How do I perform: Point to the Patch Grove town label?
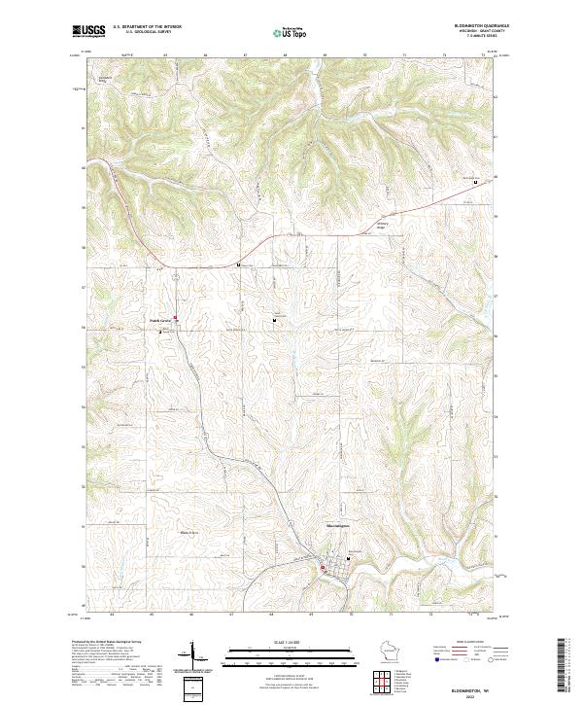(159, 319)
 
